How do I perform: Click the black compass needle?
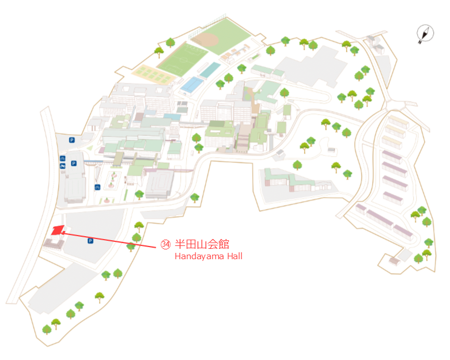pos(425,34)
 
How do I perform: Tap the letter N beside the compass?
pos(420,42)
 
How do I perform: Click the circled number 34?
pos(165,244)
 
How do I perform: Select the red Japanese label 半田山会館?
pos(202,244)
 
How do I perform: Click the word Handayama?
pos(199,256)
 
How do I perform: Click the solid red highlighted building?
pos(58,230)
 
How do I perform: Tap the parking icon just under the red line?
pos(90,241)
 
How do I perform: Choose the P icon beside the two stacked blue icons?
pos(74,163)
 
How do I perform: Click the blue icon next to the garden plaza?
pos(97,187)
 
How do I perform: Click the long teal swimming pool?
pos(210,70)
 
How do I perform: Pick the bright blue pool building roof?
pos(191,84)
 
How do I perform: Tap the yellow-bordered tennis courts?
pos(153,74)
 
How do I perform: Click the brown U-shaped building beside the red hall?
pos(54,244)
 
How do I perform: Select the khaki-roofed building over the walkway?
pos(118,158)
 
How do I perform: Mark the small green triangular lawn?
pos(90,148)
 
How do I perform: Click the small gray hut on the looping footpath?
pos(331,150)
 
